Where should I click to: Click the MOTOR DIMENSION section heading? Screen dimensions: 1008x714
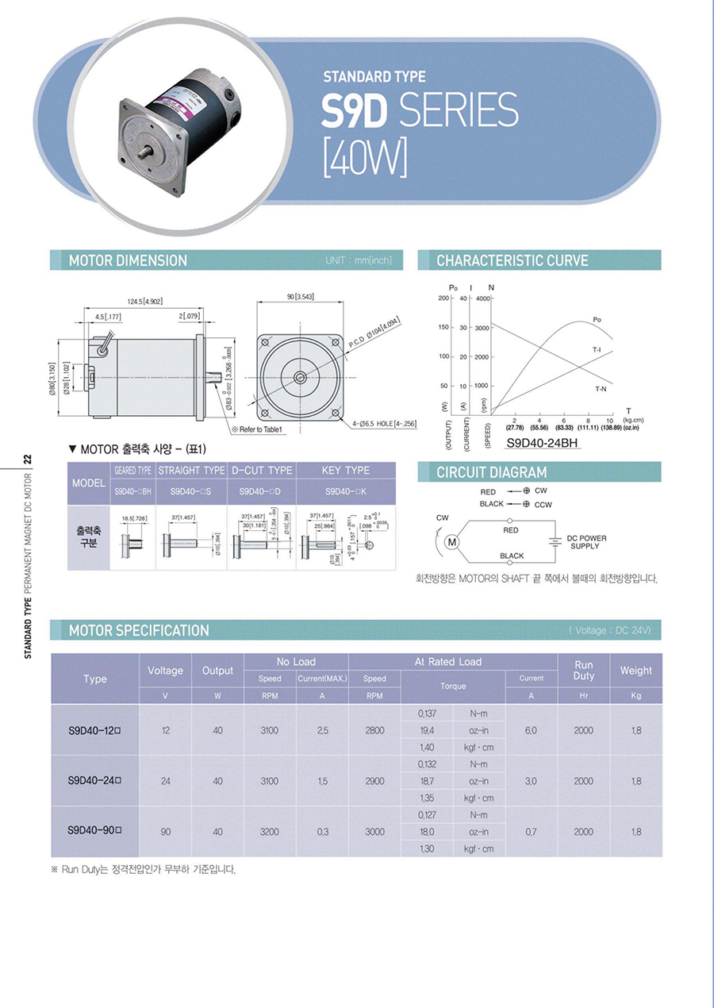pos(128,260)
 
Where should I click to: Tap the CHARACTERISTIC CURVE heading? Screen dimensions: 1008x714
pos(512,260)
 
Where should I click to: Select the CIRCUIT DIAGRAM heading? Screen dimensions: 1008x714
pos(491,473)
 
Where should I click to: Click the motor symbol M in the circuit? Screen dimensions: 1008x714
pos(453,542)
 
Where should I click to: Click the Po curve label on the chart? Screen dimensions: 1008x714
pos(597,319)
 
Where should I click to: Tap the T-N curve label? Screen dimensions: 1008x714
pos(601,389)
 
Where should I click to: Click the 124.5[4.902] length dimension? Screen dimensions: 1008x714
pos(144,302)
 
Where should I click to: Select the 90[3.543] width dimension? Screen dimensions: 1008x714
pos(301,296)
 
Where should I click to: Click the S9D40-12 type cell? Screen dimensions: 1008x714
pos(94,730)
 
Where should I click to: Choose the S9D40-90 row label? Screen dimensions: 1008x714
pos(94,832)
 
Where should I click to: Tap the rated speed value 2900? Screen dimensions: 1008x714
pos(374,781)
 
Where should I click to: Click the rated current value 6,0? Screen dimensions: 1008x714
pos(531,730)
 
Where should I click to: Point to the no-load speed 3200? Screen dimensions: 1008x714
pos(269,832)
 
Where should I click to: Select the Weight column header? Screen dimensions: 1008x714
pos(635,671)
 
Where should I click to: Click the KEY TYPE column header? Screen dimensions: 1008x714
pos(346,471)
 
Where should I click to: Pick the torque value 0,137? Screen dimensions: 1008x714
pos(426,714)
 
